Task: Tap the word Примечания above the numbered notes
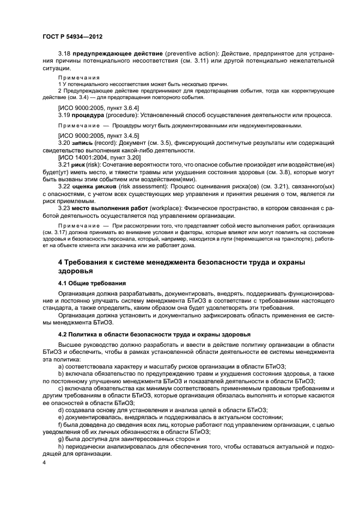pyautogui.click(x=76, y=77)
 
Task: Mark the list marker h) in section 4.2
pyautogui.click(x=60, y=446)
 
